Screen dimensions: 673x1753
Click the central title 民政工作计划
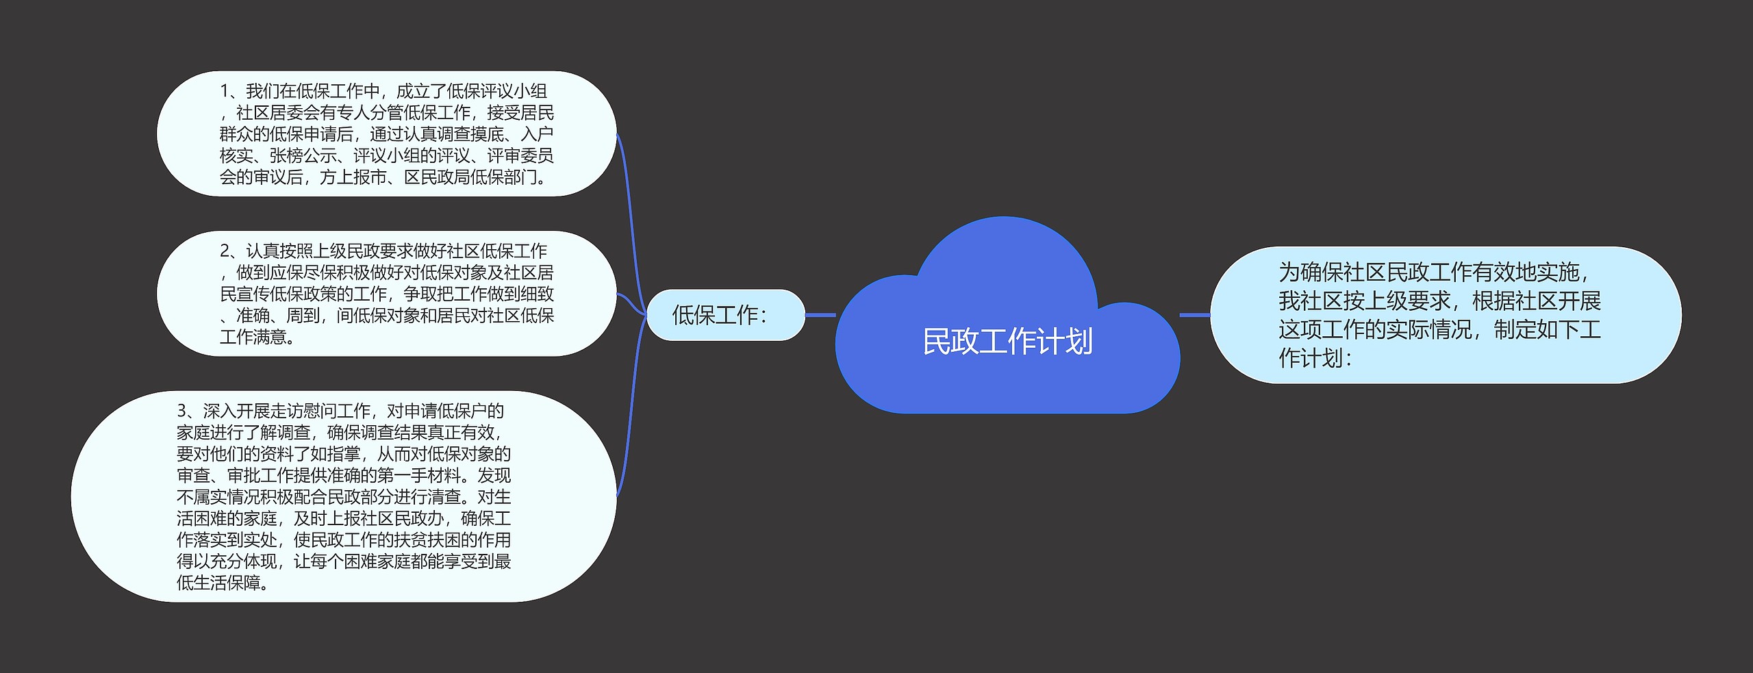[1007, 342]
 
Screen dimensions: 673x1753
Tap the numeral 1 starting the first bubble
[224, 91]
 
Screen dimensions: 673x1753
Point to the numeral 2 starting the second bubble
[225, 251]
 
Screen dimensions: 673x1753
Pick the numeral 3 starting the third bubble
[181, 411]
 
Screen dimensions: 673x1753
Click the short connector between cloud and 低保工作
[820, 315]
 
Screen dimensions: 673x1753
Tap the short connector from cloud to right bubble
[1195, 315]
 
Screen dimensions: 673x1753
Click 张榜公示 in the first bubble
[303, 155]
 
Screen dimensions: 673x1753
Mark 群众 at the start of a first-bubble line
[236, 134]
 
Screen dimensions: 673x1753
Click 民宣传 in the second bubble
[244, 294]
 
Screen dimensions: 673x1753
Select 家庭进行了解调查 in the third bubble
[243, 432]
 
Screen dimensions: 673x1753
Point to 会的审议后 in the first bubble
[261, 177]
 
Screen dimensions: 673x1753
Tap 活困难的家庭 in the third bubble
[227, 518]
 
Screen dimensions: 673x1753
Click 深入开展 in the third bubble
[236, 411]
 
